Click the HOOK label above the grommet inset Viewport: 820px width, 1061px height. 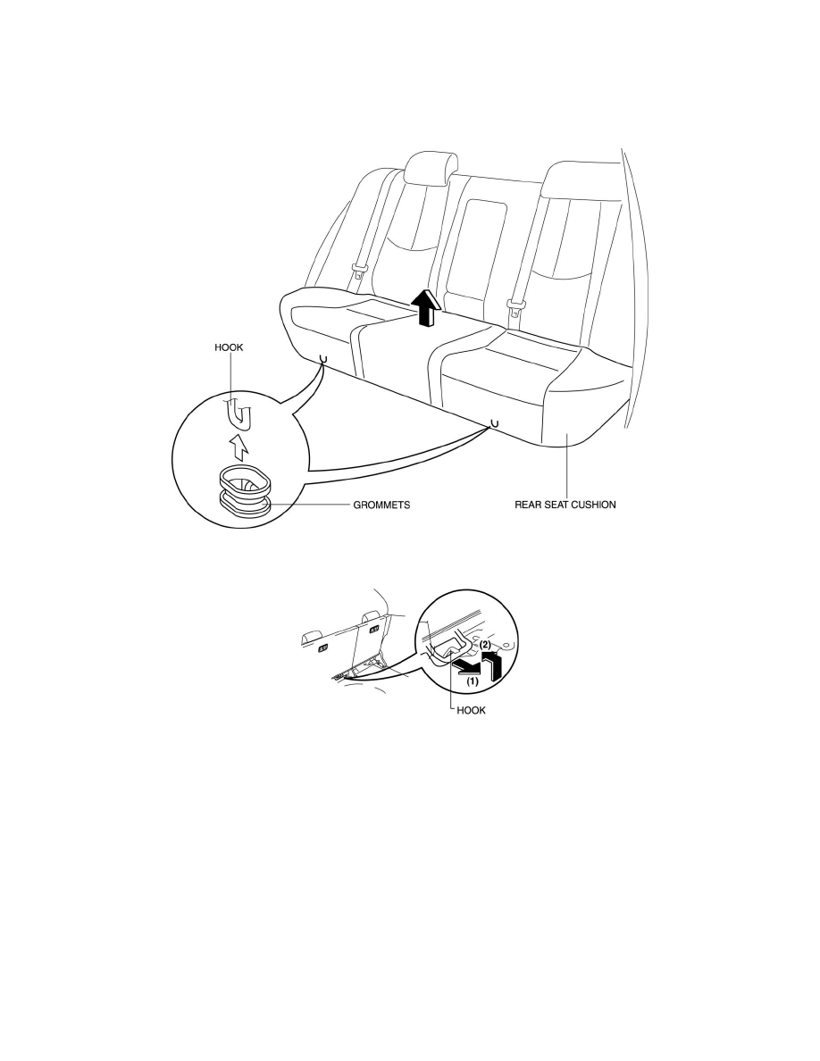[x=229, y=347]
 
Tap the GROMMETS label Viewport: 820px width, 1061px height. [x=381, y=505]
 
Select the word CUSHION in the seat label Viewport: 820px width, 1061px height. [x=593, y=505]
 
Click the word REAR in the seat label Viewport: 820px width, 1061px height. [x=526, y=505]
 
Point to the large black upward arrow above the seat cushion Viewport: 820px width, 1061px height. [x=426, y=307]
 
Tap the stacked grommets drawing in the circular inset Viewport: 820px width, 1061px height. [x=244, y=490]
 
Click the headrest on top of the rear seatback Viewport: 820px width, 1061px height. [x=431, y=168]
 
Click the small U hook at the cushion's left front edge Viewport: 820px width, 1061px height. [x=322, y=357]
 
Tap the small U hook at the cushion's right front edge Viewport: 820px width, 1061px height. [x=494, y=423]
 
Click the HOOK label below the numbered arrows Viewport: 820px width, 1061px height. [x=471, y=711]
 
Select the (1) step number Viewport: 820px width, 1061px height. [x=472, y=681]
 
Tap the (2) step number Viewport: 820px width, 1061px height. [x=486, y=645]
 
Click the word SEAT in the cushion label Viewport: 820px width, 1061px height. [x=555, y=505]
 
